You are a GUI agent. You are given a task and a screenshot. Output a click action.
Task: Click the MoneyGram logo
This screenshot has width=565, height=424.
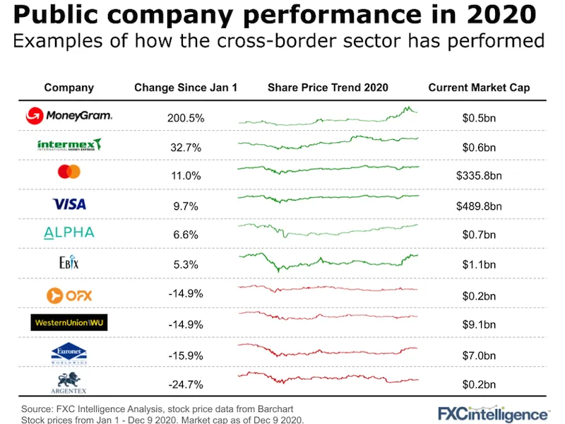[69, 116]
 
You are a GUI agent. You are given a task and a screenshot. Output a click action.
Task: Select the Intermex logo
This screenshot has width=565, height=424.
[69, 146]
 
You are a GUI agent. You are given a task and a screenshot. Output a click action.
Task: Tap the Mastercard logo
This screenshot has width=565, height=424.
[69, 172]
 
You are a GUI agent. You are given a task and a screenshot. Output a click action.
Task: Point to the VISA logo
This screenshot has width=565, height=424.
[69, 204]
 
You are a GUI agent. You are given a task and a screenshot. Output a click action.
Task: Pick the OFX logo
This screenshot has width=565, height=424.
[69, 294]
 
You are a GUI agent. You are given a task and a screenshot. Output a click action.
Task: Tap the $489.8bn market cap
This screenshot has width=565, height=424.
[479, 207]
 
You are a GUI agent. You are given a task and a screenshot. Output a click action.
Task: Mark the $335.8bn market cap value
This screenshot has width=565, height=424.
[479, 177]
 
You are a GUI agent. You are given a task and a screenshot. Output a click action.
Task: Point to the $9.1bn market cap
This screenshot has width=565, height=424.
[479, 326]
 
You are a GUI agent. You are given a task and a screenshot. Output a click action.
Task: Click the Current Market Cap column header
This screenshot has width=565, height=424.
[479, 88]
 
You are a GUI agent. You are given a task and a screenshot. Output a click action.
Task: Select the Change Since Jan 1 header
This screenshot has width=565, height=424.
[186, 88]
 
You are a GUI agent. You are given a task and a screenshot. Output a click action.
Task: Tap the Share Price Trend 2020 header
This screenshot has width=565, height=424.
[328, 88]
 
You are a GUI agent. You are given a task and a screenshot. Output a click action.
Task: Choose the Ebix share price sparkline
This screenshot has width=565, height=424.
[328, 260]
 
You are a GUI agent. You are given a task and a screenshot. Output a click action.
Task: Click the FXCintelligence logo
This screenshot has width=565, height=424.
[493, 413]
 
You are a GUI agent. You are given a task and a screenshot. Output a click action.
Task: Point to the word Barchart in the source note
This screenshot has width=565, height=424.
[271, 409]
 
